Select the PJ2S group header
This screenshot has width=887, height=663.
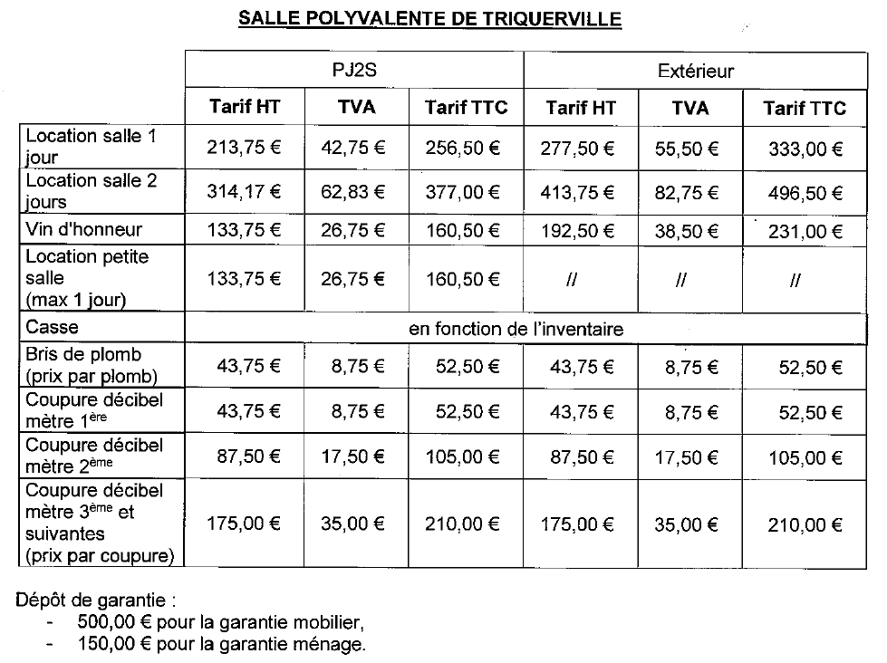354,70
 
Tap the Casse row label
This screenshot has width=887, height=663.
53,325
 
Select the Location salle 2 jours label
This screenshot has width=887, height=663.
91,190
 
